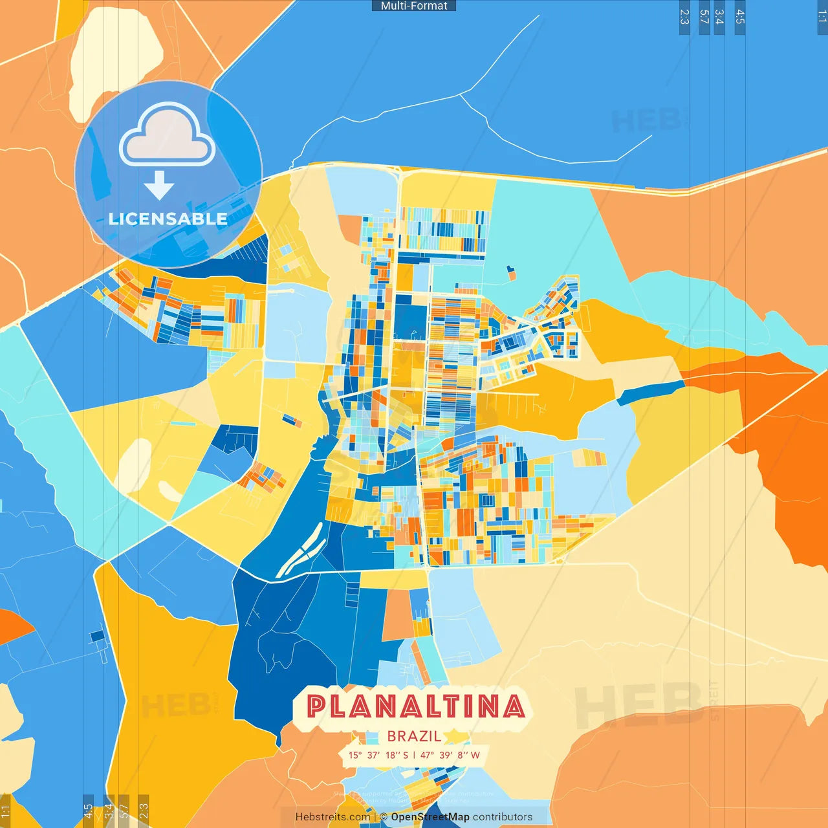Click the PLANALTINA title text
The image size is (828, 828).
[414, 706]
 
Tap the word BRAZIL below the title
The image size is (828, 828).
[414, 736]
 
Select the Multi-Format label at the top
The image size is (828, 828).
[414, 6]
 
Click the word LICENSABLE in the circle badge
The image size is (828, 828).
[168, 219]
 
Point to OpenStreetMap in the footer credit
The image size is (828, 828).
[430, 817]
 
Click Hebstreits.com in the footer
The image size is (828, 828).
[332, 817]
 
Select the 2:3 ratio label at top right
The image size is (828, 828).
[684, 17]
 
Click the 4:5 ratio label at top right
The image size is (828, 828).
[740, 17]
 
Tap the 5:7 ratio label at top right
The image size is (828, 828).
[704, 17]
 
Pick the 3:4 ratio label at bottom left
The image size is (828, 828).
[109, 810]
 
